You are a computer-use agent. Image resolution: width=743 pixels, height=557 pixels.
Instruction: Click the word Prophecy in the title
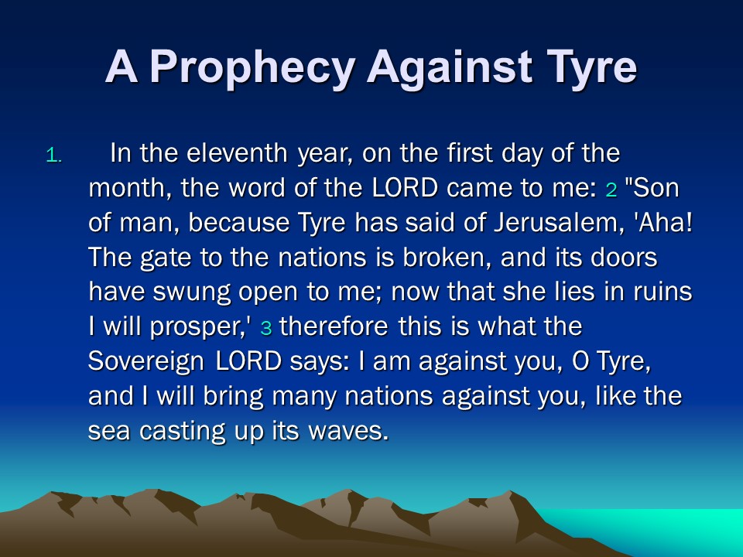coord(252,68)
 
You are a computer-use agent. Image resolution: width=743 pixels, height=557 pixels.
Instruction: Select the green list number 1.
coord(53,155)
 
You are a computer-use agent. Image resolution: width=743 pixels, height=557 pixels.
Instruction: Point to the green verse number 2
coord(611,190)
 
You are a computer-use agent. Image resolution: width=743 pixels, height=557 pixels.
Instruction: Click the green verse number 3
coord(265,328)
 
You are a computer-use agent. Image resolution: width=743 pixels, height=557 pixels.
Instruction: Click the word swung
coord(191,292)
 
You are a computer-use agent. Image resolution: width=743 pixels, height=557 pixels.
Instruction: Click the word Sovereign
coord(146,362)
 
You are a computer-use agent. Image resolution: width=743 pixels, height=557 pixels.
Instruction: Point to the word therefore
coord(334,326)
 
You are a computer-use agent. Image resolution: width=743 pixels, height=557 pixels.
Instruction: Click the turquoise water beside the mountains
coord(663,531)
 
